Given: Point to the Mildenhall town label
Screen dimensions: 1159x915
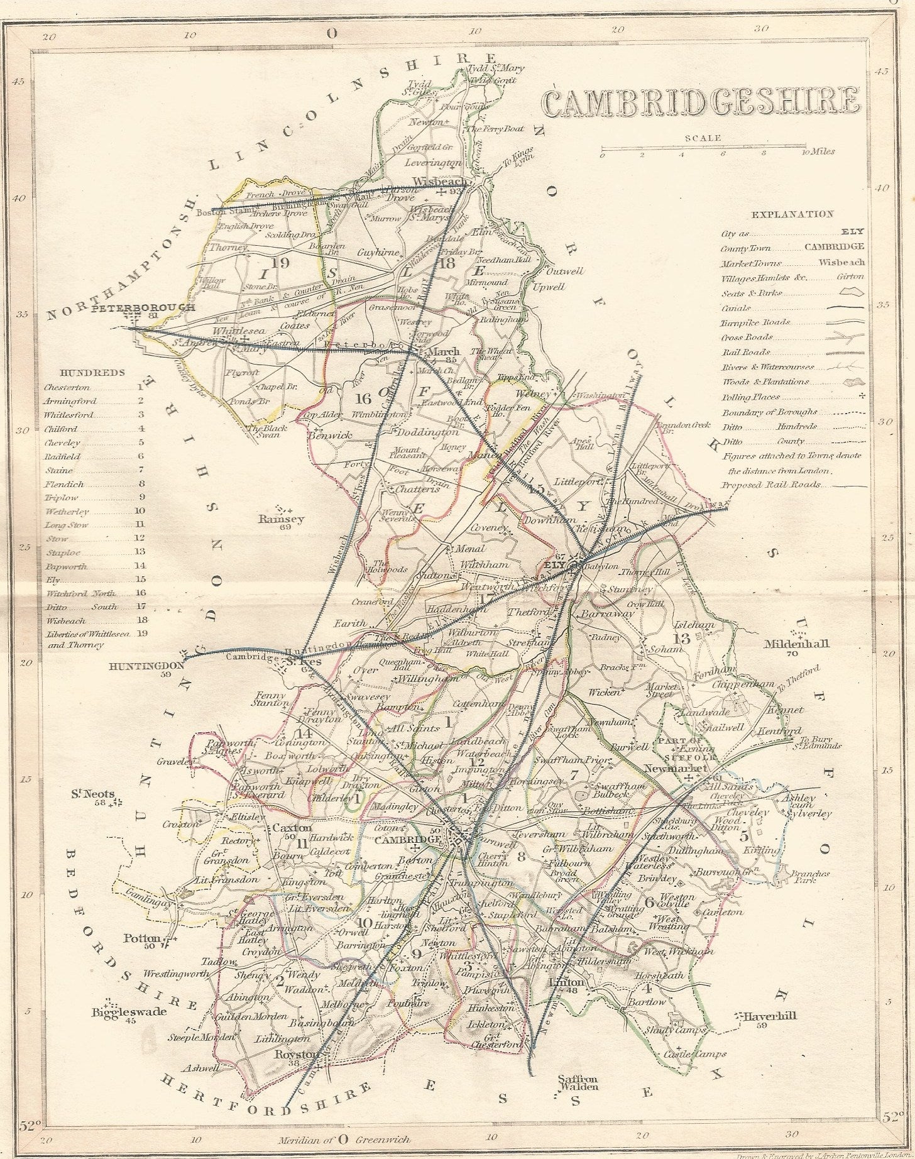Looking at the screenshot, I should (796, 644).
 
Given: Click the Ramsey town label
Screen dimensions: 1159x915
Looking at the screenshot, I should (281, 519).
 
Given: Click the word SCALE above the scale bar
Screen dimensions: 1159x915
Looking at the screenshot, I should (703, 138).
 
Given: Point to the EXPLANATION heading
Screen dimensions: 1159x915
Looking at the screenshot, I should (792, 214).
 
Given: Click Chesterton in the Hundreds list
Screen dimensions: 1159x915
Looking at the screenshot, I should (67, 388).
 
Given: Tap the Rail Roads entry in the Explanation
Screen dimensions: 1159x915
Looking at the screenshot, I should (745, 353).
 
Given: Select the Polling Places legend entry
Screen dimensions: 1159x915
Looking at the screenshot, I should (750, 397).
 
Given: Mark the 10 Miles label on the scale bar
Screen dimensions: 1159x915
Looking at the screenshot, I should (820, 151).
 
